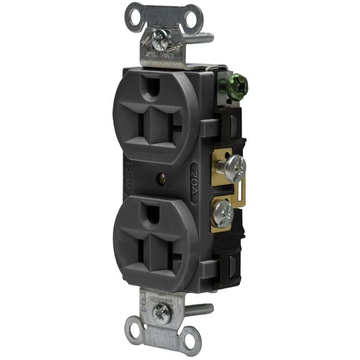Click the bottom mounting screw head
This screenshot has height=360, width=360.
click(x=161, y=310)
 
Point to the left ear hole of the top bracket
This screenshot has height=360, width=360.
click(x=133, y=11)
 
